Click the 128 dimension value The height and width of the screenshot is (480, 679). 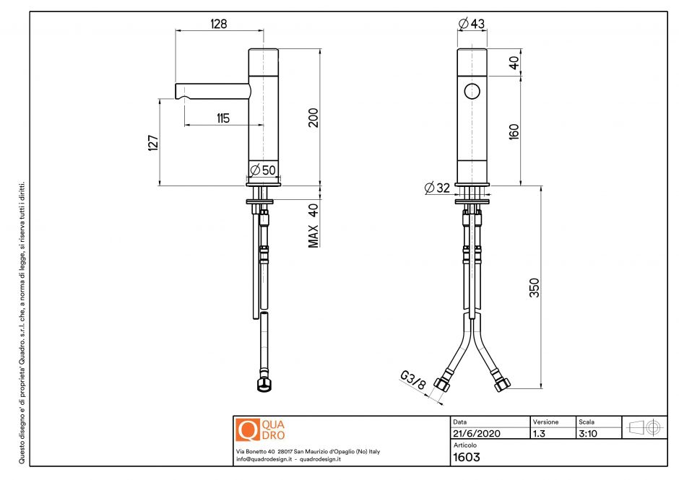219,24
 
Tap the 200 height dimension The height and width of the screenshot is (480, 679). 313,118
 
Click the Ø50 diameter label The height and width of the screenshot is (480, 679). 262,170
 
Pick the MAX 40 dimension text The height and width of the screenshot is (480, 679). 313,225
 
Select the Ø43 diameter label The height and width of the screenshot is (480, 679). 472,24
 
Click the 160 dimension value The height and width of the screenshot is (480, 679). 514,131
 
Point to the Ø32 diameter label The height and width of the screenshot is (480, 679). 437,188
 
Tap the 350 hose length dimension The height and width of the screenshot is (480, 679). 535,287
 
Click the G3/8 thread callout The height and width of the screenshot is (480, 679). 412,380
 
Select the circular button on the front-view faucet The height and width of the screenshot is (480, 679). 472,92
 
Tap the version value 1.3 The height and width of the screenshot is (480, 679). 539,434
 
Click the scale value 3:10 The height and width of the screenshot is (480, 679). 587,434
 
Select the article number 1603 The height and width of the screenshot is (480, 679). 466,457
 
